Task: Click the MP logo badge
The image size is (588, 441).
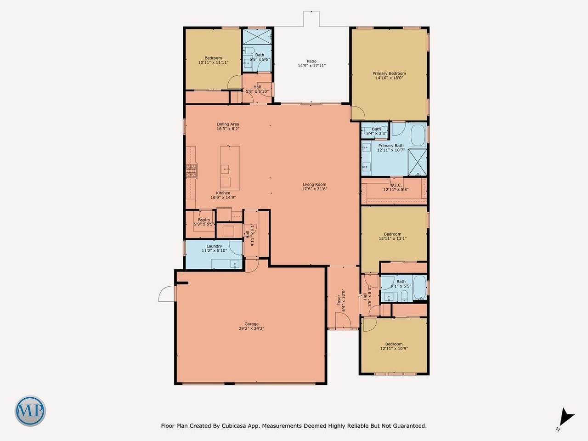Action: tap(30, 411)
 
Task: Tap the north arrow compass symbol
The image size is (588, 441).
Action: tap(566, 424)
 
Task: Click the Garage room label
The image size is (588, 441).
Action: tap(251, 324)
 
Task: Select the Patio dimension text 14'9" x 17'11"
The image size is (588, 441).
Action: tap(311, 66)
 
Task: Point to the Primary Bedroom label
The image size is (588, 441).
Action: tap(389, 73)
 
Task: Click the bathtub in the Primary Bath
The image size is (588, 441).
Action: tap(418, 135)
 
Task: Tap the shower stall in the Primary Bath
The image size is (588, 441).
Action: tap(417, 163)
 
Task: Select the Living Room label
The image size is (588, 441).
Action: tap(315, 184)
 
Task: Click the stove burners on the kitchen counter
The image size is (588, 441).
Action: tap(191, 170)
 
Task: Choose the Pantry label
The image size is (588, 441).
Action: tap(204, 220)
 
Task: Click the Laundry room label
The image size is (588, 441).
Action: tap(215, 246)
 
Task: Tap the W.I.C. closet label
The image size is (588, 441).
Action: tap(396, 185)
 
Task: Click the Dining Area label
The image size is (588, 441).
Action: tap(228, 124)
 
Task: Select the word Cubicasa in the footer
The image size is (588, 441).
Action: tap(233, 426)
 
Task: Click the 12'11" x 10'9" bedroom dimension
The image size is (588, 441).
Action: tap(394, 348)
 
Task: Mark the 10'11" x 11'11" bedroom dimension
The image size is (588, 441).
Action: tap(213, 62)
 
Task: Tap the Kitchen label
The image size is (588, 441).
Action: tap(223, 193)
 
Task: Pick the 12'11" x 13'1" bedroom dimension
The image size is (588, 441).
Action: tap(393, 238)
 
